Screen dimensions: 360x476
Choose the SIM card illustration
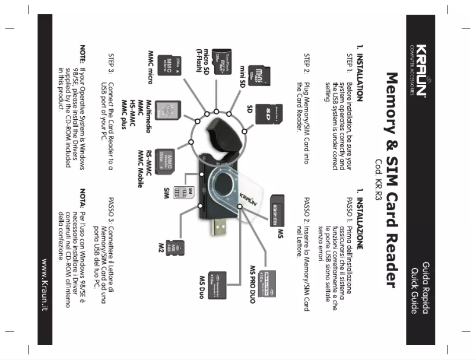[189, 191]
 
